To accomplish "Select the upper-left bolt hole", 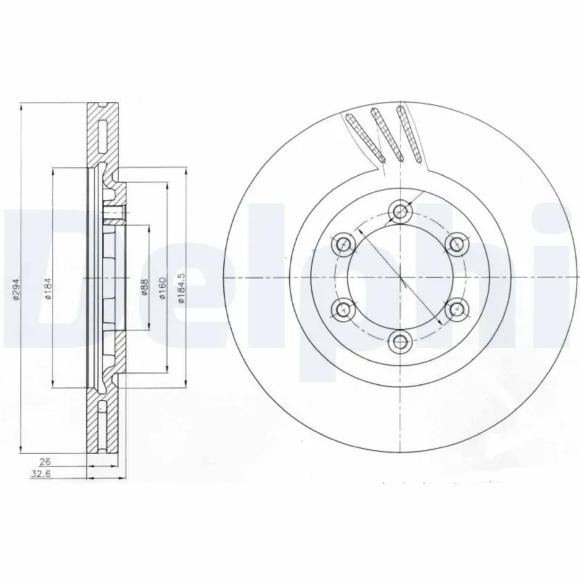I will [344, 244].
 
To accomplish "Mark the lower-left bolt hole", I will [344, 310].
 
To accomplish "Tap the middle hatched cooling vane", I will [385, 132].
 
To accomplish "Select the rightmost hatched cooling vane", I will [410, 133].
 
